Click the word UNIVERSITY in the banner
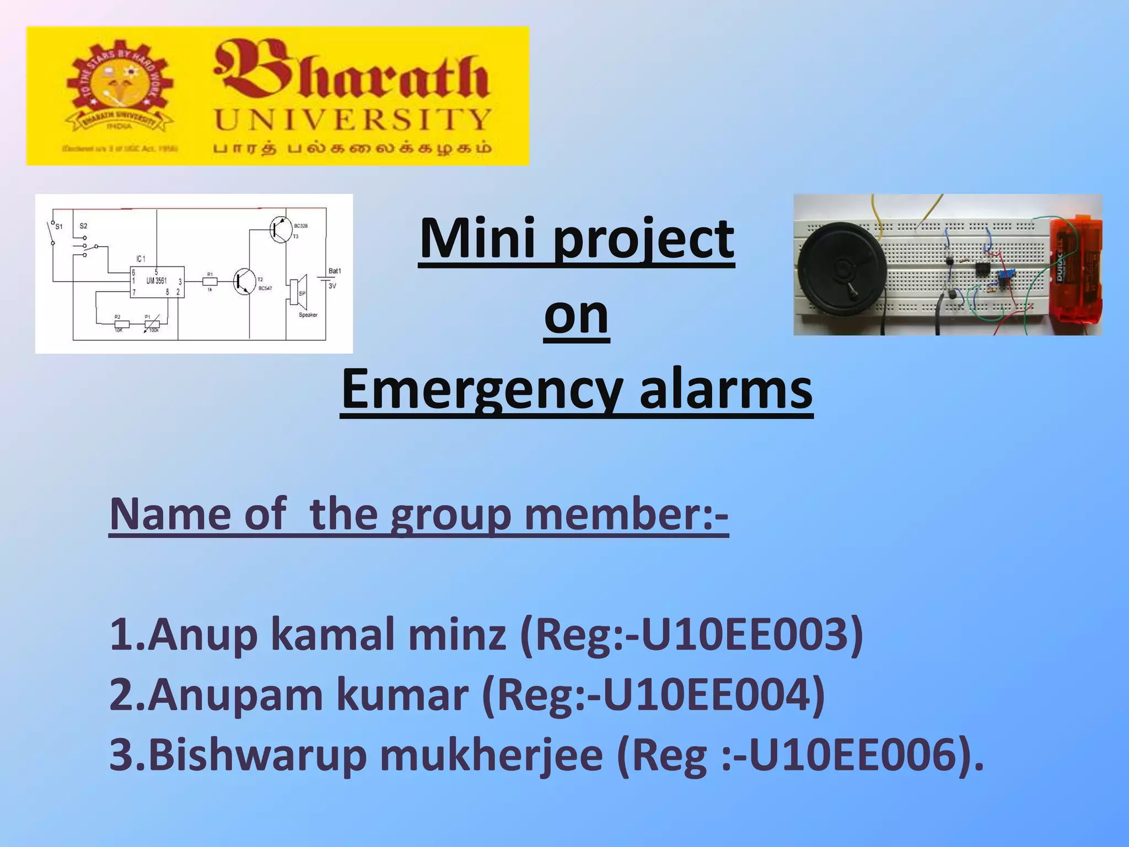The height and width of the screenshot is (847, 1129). [x=353, y=120]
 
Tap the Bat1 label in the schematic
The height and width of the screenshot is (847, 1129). [x=335, y=271]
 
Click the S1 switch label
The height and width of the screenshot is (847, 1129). [x=59, y=226]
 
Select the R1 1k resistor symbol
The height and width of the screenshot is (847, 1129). [x=210, y=281]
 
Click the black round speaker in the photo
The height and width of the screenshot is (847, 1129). [x=840, y=269]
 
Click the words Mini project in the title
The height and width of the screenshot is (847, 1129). [x=577, y=238]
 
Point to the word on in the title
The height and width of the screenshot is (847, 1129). [x=577, y=314]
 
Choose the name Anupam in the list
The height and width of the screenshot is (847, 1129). [x=235, y=695]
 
